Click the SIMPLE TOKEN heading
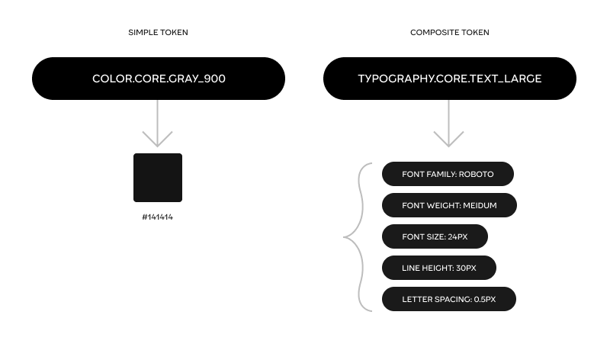tap(158, 33)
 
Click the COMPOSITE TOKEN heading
tap(449, 33)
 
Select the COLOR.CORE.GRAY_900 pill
tap(159, 79)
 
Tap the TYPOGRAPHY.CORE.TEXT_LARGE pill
tap(449, 79)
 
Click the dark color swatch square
tap(158, 178)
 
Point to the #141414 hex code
tap(158, 217)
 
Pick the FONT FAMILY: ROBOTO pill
tap(448, 174)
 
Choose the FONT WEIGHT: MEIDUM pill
tap(449, 205)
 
